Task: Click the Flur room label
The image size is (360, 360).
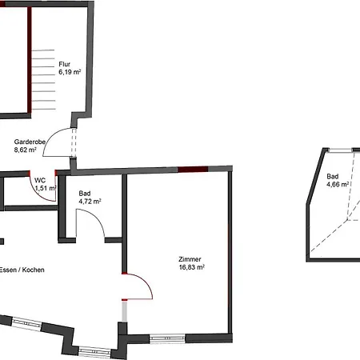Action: point(65,64)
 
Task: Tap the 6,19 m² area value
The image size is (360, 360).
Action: point(70,72)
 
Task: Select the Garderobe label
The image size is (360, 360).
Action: point(30,142)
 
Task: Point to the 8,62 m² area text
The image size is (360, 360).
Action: point(26,150)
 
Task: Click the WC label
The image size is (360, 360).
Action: point(40,180)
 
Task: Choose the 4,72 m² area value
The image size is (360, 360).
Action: point(90,202)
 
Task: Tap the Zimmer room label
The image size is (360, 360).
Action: point(190,259)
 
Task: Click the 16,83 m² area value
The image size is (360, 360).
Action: point(192,267)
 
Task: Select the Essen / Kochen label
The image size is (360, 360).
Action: point(22,270)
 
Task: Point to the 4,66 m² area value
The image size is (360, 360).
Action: point(338,184)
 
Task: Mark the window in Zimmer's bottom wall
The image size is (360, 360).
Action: point(167,338)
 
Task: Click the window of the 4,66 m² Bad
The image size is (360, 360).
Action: point(339,150)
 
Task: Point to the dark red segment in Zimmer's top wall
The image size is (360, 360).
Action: point(193,169)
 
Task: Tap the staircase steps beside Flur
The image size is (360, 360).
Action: point(43,79)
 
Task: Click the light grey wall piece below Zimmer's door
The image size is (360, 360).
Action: point(125,311)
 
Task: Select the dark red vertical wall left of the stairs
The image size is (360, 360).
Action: point(30,60)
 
